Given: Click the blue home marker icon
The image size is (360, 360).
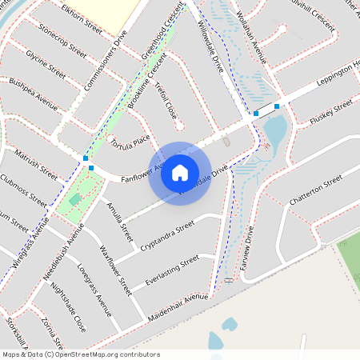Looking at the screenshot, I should pyautogui.click(x=180, y=172).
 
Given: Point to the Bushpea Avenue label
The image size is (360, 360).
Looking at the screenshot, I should pyautogui.click(x=34, y=94).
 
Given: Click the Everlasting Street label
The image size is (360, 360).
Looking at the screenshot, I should pyautogui.click(x=171, y=270).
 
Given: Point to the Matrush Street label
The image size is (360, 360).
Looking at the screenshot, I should pyautogui.click(x=37, y=158).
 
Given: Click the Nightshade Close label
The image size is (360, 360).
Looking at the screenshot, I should pyautogui.click(x=68, y=306).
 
